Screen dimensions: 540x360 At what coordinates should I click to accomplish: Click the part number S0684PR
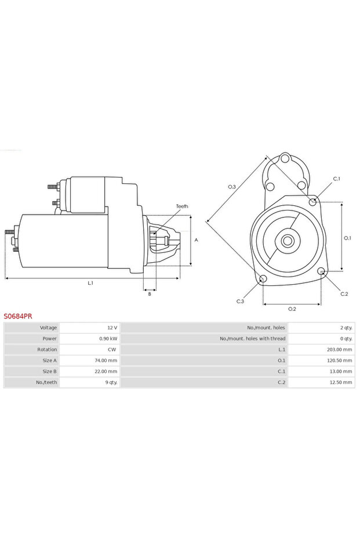coord(18,317)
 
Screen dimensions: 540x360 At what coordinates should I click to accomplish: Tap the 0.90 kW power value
coord(108,339)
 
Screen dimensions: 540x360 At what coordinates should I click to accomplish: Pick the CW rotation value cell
coord(112,350)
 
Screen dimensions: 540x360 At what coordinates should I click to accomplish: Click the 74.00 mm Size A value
coord(106,360)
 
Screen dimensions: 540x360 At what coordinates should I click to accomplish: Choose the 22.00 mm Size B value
coord(106,371)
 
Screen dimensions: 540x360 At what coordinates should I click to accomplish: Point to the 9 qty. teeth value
coord(110,382)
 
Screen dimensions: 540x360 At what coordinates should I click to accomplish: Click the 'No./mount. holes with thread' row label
coord(252,339)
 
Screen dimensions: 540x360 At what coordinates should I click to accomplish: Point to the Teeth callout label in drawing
coord(182,206)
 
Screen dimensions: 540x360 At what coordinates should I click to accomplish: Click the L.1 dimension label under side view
coord(90,283)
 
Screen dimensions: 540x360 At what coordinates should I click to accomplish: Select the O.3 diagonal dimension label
coord(232,186)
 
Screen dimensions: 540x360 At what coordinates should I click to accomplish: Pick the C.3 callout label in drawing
coord(240,301)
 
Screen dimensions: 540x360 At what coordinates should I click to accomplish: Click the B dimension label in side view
coord(150,294)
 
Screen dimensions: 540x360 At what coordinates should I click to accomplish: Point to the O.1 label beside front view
coord(347,237)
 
